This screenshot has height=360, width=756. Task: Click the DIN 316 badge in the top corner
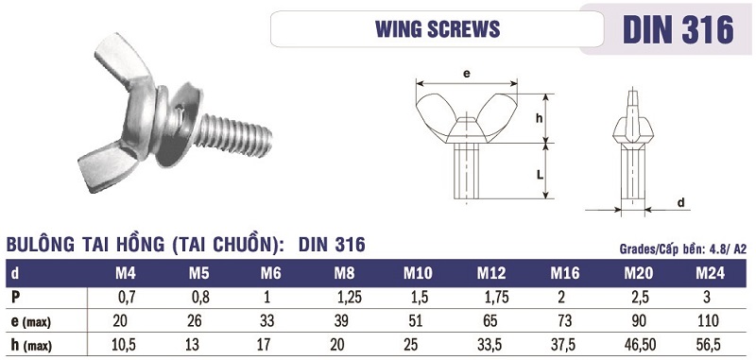(x=678, y=29)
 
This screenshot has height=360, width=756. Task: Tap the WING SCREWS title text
(x=438, y=29)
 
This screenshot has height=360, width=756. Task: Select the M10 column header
(x=418, y=273)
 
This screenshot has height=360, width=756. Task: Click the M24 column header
(x=710, y=273)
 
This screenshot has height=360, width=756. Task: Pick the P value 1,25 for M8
(x=349, y=298)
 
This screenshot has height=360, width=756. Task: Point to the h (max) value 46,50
(x=636, y=345)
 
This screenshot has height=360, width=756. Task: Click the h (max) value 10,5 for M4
(x=124, y=345)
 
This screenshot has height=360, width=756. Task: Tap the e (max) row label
(x=30, y=321)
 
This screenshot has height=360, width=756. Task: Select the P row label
(x=16, y=298)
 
